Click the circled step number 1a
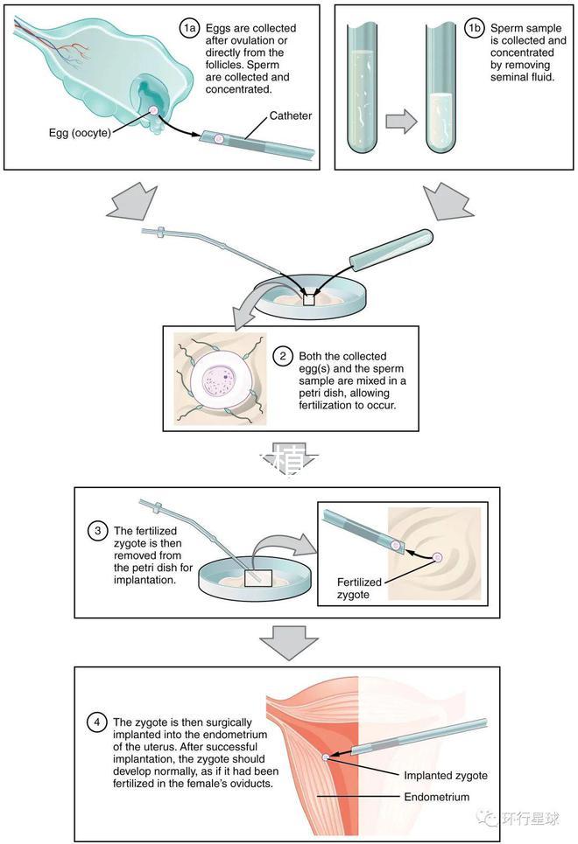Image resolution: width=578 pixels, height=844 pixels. point(190,29)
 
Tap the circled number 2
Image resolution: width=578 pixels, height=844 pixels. point(283,356)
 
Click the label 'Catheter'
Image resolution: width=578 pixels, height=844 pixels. point(291,115)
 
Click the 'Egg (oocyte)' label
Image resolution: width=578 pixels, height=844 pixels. point(80,134)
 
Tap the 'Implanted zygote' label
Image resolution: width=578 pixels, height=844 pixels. point(446,775)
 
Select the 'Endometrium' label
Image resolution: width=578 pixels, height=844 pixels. point(436,797)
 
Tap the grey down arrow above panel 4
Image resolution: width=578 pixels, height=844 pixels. point(288,643)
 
